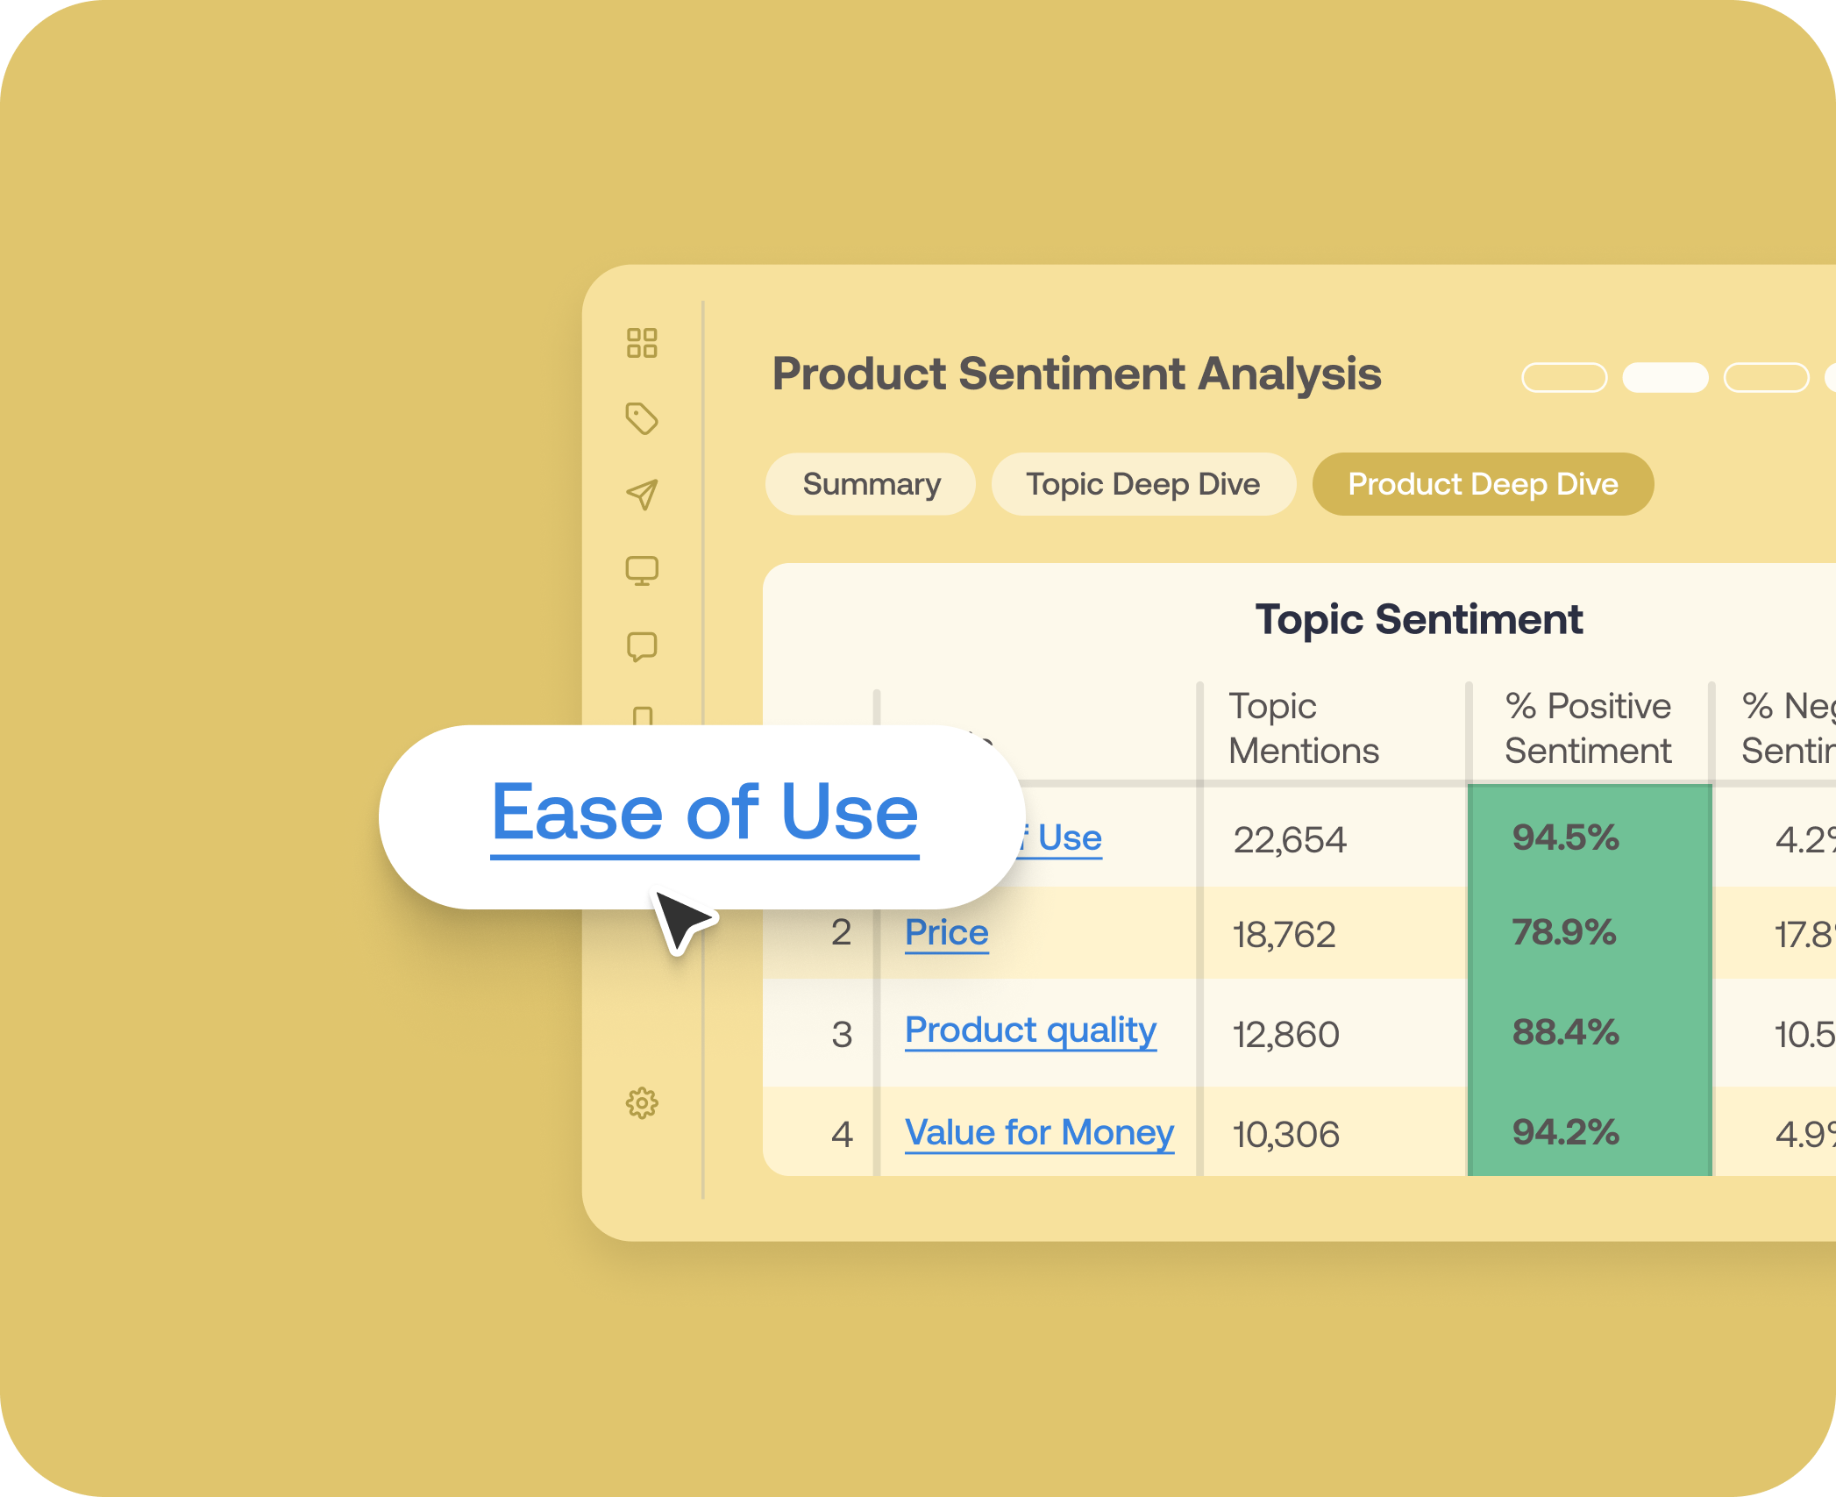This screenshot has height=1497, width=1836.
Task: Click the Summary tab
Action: (x=871, y=484)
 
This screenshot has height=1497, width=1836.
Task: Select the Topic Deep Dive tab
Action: (x=1142, y=484)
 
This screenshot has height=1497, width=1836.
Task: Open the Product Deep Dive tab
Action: (x=1482, y=484)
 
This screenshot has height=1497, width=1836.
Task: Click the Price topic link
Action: (x=946, y=932)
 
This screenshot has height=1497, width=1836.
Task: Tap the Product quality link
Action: (x=1030, y=1030)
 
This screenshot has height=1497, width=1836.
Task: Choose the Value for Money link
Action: (x=1039, y=1132)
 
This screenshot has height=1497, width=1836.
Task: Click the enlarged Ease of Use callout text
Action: (x=704, y=813)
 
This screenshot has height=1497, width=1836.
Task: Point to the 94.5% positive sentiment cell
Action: (x=1565, y=838)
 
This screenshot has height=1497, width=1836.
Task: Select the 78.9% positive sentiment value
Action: (x=1563, y=932)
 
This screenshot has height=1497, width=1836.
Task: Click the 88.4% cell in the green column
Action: (x=1565, y=1032)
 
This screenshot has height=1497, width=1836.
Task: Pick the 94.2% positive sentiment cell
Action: (x=1565, y=1132)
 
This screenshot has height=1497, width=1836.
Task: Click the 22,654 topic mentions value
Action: (x=1289, y=840)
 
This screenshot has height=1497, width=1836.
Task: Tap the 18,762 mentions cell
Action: (x=1284, y=935)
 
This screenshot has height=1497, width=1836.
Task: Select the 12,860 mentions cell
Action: (x=1285, y=1035)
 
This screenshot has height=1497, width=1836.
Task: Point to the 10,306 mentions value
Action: (x=1285, y=1135)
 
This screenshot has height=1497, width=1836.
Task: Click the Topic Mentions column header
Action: (x=1303, y=729)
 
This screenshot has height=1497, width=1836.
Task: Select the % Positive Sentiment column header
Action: (x=1588, y=729)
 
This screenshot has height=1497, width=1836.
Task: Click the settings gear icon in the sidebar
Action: (x=642, y=1103)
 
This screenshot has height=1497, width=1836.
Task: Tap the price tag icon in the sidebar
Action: (x=642, y=418)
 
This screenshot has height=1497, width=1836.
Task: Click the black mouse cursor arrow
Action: (x=681, y=920)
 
